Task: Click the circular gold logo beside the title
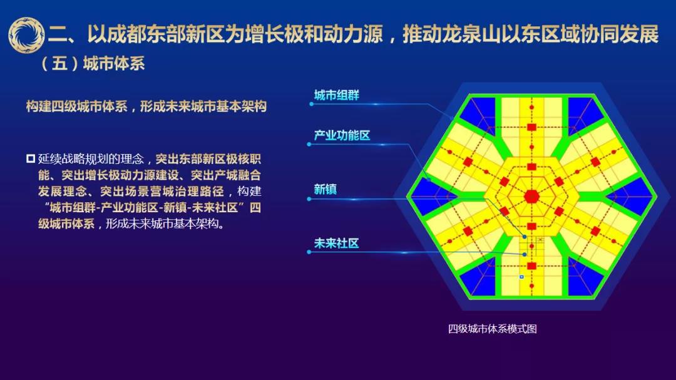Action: (x=26, y=35)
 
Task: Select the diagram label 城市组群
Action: (x=336, y=95)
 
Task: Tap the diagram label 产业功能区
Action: (x=342, y=135)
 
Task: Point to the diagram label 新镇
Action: (x=325, y=189)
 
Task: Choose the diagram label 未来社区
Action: (x=336, y=244)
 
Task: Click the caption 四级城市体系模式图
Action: (x=493, y=329)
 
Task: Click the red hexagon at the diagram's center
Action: (x=531, y=197)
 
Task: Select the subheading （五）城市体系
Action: (x=92, y=63)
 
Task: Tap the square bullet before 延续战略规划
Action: (x=31, y=159)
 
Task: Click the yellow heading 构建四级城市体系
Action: (x=146, y=106)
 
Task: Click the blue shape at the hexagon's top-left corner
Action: (x=479, y=110)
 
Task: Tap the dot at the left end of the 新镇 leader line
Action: (x=309, y=199)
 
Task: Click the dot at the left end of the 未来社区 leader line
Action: (x=309, y=252)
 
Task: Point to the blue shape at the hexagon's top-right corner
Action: (x=585, y=110)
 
